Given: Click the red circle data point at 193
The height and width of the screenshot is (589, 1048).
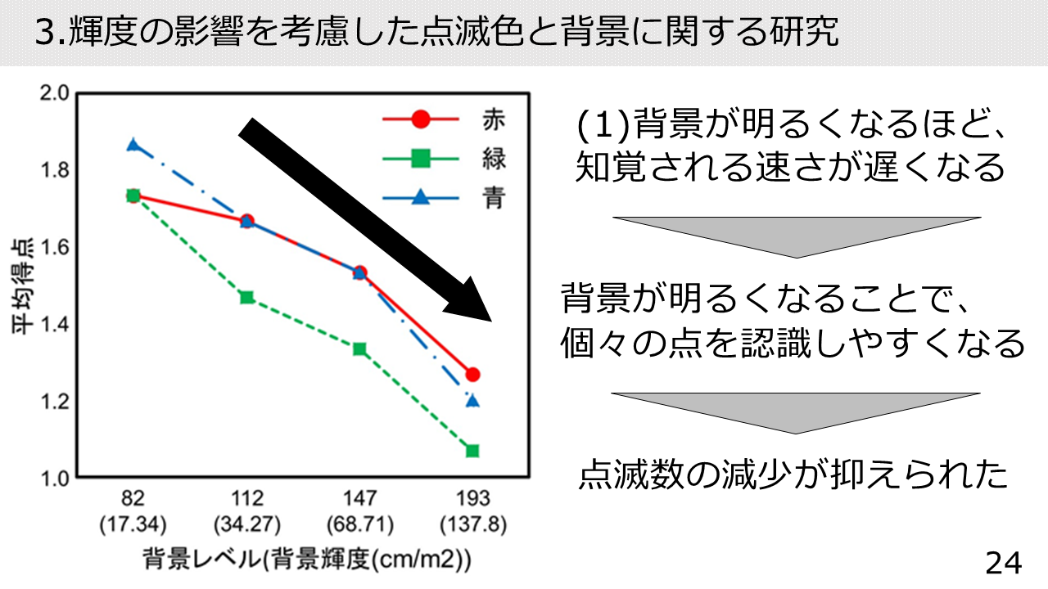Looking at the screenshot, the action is point(473,375).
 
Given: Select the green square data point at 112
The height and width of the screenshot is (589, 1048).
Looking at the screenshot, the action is point(247,297).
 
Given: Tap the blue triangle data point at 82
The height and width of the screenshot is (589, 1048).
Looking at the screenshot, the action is point(133,145).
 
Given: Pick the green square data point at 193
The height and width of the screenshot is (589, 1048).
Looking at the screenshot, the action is point(472,451).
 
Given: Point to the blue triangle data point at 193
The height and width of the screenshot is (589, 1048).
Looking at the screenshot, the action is point(473,401).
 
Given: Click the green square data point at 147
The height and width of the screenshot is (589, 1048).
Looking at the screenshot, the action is point(359,349).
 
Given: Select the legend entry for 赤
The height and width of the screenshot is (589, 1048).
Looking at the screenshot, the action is point(444,119).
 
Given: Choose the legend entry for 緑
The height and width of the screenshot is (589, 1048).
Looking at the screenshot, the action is point(444,159).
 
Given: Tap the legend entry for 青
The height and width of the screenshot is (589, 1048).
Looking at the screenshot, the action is point(444,198).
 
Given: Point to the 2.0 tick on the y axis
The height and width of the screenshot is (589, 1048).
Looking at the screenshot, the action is point(54,93).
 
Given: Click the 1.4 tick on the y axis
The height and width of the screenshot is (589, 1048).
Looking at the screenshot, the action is point(54,324).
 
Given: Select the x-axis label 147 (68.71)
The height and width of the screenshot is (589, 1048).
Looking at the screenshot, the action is point(359,511).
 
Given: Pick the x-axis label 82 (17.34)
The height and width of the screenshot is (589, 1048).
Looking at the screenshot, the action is point(133,511).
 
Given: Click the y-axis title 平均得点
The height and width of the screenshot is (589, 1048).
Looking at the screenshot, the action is point(22,286).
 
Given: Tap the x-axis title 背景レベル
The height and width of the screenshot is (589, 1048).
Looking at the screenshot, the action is point(202,559).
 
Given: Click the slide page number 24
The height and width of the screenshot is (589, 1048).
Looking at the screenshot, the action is point(1004,564).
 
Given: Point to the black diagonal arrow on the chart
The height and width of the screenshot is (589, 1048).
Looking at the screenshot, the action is point(365,220).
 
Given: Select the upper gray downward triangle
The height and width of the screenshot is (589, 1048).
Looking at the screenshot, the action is point(797,237).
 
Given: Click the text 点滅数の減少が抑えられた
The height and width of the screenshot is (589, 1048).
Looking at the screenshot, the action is point(794,474).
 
